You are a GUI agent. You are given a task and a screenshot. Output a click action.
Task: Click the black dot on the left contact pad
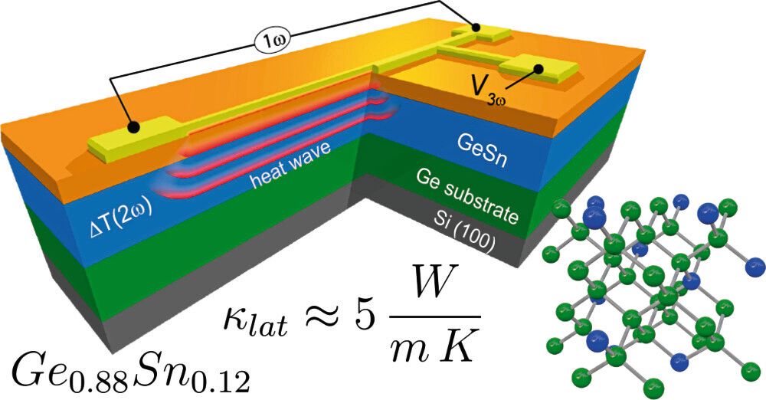point(133,126)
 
